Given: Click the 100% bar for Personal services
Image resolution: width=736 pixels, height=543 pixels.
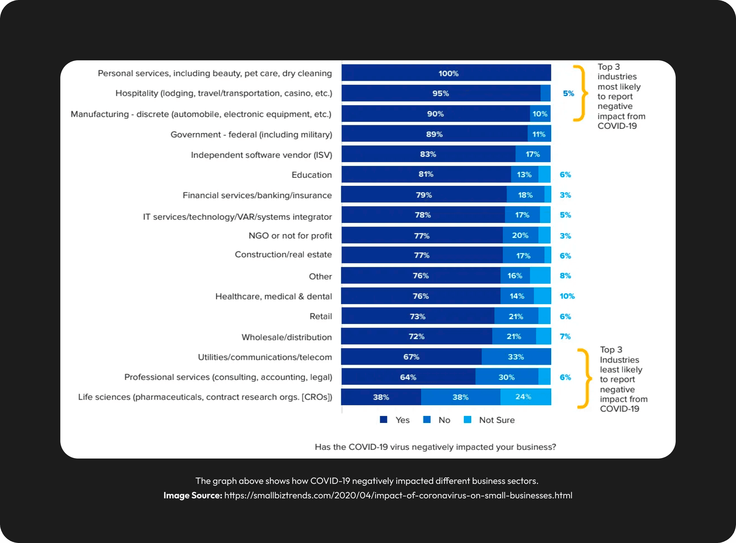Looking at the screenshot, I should [x=446, y=73].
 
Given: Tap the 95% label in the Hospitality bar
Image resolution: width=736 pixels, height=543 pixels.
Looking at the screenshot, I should [x=440, y=93].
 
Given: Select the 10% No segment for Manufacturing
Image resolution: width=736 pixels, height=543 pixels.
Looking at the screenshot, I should [x=540, y=114].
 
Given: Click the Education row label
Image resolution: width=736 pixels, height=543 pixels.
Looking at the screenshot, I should [x=312, y=175].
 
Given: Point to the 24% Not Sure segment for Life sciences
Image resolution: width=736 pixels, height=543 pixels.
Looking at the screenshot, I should [x=525, y=397].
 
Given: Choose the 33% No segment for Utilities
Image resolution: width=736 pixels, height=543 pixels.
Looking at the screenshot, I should [x=516, y=357].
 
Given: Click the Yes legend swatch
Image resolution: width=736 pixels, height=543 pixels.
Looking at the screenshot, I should [x=383, y=419].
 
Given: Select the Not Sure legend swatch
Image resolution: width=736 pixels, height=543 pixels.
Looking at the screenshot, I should [x=467, y=419].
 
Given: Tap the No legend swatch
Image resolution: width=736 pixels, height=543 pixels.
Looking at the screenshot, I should [x=427, y=419].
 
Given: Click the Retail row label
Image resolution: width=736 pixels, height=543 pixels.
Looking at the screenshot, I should [x=320, y=316].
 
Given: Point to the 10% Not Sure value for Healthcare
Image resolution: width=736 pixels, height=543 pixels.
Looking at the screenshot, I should [x=567, y=296].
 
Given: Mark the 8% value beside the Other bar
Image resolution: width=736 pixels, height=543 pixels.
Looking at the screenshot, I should [x=565, y=276].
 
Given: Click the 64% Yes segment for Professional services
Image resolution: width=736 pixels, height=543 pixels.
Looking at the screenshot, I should [x=408, y=377].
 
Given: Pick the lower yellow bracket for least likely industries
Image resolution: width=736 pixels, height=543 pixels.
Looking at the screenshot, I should [x=585, y=378].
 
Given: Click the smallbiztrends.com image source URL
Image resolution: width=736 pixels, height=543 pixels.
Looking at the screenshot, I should [x=398, y=495].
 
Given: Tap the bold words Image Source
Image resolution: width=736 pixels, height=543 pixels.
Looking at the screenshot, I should [x=192, y=495].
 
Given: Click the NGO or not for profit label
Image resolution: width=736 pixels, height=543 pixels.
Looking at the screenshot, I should [x=290, y=236].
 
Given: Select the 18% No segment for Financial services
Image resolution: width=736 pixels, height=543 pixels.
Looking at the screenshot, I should [x=525, y=195].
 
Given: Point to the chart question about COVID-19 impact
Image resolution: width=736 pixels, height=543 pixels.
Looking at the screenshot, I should [x=435, y=447].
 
